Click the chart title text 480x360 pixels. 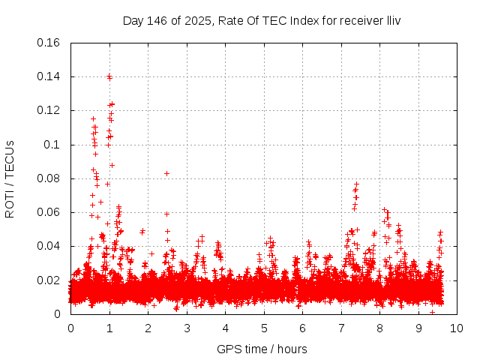point(262,20)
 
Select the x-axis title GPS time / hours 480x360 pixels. point(262,349)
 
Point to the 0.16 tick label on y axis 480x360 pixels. point(49,43)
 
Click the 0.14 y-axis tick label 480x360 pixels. point(49,76)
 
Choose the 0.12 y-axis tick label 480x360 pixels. point(49,110)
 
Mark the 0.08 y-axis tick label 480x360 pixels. point(49,178)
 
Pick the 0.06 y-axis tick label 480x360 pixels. point(49,212)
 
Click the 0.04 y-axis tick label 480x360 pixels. point(49,246)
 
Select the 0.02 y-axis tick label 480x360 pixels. point(49,280)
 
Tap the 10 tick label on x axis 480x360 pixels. point(457,328)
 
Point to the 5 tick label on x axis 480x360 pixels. point(264,328)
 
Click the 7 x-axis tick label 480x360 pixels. point(341,328)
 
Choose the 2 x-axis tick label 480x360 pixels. point(148,328)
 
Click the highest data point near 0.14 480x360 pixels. point(109,76)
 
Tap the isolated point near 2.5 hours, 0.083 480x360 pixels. point(166,173)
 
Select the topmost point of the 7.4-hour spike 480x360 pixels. point(357,184)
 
